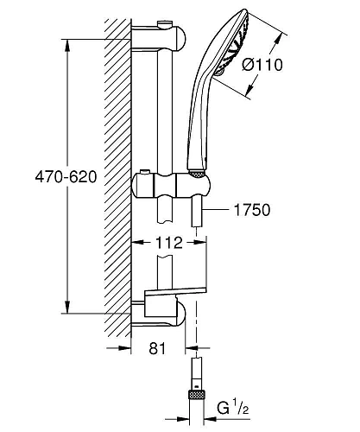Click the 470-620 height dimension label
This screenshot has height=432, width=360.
click(x=66, y=176)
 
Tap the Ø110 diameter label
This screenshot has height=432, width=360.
click(x=262, y=65)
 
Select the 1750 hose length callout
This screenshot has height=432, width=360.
click(x=252, y=210)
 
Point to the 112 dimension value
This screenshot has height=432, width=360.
click(x=169, y=243)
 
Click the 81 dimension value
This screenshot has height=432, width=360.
click(x=157, y=348)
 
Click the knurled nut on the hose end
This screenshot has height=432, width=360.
click(x=196, y=395)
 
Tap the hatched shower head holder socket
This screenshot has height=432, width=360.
click(x=197, y=174)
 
